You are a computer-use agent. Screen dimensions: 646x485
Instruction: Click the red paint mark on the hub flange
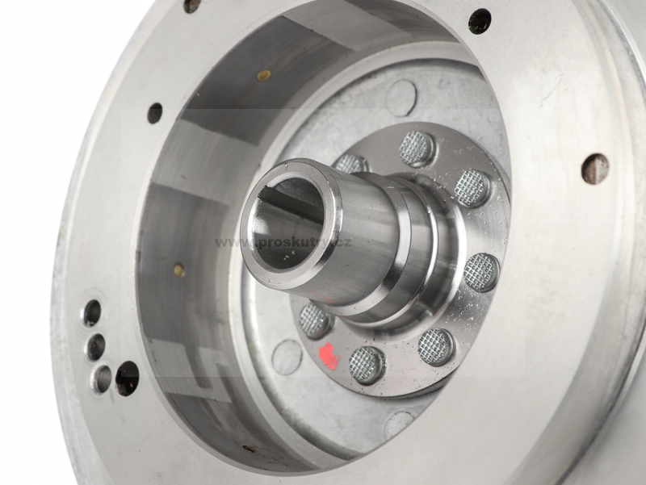click(x=329, y=355)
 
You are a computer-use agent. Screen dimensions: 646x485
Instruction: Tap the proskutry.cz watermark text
click(x=283, y=242)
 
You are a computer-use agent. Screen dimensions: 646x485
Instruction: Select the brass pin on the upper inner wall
click(x=264, y=75)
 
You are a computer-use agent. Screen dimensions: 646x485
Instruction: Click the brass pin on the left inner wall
click(x=179, y=270)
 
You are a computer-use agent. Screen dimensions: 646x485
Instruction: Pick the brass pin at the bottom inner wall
click(x=250, y=449)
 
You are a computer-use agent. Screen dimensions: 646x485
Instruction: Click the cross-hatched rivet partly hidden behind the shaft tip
click(x=351, y=164)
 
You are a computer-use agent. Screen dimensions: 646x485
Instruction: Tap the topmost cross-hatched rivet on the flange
click(x=417, y=148)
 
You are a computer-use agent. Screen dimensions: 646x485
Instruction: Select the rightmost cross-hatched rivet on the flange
click(x=481, y=272)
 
